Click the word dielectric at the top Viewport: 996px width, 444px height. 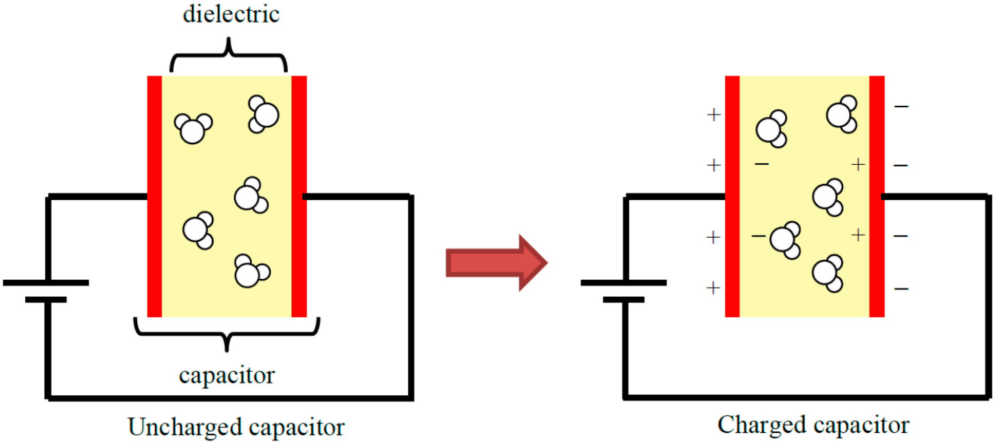click(231, 15)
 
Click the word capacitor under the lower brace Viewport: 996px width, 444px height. click(227, 375)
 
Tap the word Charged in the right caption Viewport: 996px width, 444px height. click(761, 425)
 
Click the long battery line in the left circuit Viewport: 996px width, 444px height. click(46, 283)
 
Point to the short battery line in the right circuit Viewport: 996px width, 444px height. click(623, 300)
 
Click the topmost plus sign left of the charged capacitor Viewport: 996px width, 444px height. click(714, 115)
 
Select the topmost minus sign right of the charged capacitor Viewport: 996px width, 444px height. click(901, 106)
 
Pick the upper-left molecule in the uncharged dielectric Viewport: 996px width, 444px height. click(193, 128)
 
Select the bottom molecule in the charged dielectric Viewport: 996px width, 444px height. click(827, 274)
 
